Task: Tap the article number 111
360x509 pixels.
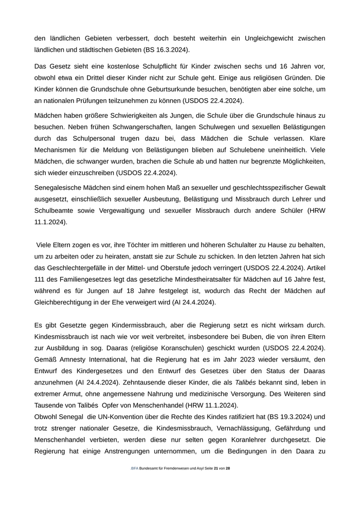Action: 41,280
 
